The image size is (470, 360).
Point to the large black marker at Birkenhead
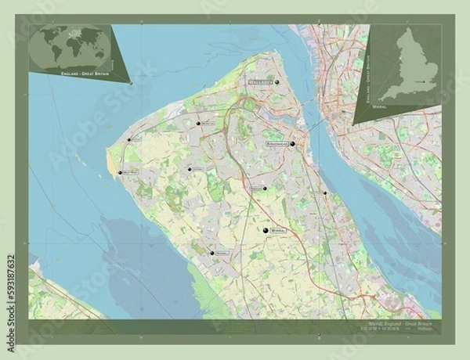pyautogui.click(x=292, y=145)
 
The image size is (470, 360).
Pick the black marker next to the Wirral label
pyautogui.click(x=266, y=231)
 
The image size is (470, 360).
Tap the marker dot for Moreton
pyautogui.click(x=198, y=123)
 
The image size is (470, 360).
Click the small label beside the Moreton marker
pyautogui.click(x=208, y=123)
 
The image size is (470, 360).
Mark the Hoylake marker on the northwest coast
pyautogui.click(x=129, y=140)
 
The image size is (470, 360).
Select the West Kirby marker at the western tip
pyautogui.click(x=121, y=172)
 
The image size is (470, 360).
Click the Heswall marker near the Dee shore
pyautogui.click(x=212, y=253)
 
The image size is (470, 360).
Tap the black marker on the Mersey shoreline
pyautogui.click(x=324, y=193)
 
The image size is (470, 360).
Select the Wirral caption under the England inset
pyautogui.click(x=402, y=110)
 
